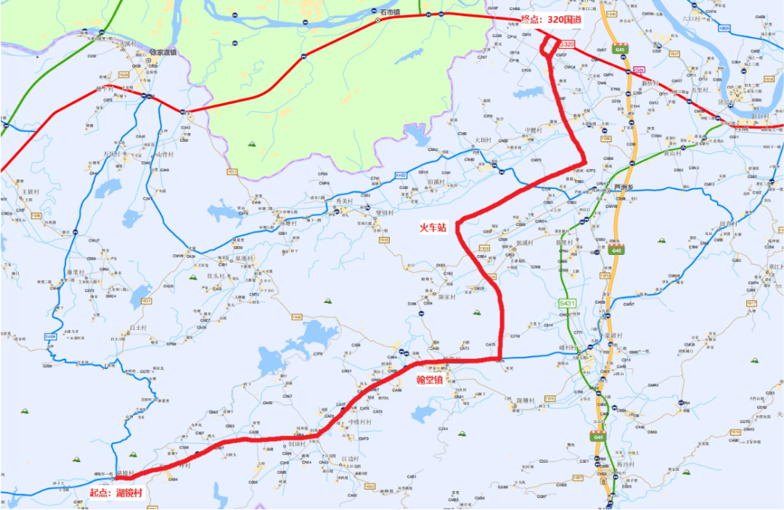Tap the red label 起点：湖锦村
[x=115, y=492]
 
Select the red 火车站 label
[x=433, y=226]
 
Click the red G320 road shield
[x=566, y=44]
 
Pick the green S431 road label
[x=567, y=303]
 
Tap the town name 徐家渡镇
[x=163, y=52]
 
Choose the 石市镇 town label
[x=389, y=12]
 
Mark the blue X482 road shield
[x=401, y=175]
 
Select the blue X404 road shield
[x=50, y=336]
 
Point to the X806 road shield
[x=723, y=28]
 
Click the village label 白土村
[x=138, y=328]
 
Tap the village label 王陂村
[x=29, y=191]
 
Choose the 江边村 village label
[x=350, y=459]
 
